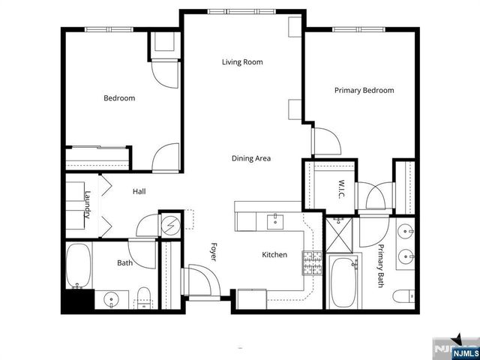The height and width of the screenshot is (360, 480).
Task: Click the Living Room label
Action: [241, 62]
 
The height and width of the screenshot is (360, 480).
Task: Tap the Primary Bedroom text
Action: [364, 91]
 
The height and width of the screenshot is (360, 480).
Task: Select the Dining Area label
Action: [250, 158]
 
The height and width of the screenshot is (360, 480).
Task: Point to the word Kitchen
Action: [274, 255]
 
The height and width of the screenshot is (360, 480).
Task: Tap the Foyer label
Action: [213, 250]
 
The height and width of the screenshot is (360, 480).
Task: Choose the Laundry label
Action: [88, 204]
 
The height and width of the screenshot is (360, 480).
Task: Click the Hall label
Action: [139, 192]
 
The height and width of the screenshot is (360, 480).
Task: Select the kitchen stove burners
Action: [312, 262]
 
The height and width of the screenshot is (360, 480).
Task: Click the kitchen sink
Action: [275, 220]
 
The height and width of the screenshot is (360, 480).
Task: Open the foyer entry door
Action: [201, 282]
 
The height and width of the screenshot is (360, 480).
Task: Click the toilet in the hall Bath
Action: [144, 296]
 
